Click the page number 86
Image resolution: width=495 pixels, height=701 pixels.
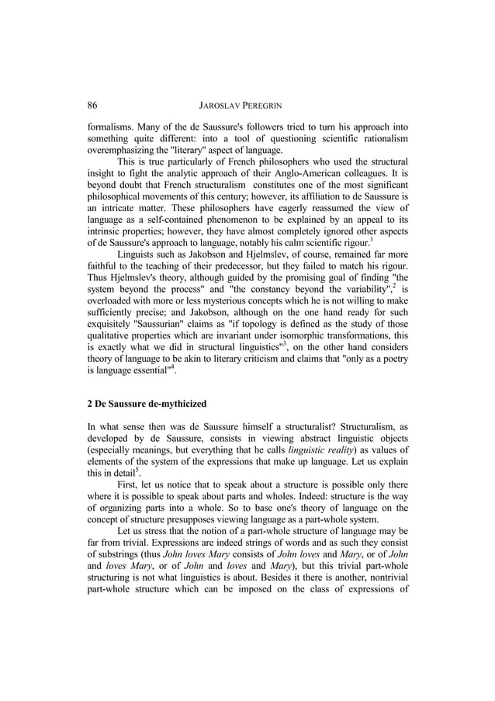[92, 105]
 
